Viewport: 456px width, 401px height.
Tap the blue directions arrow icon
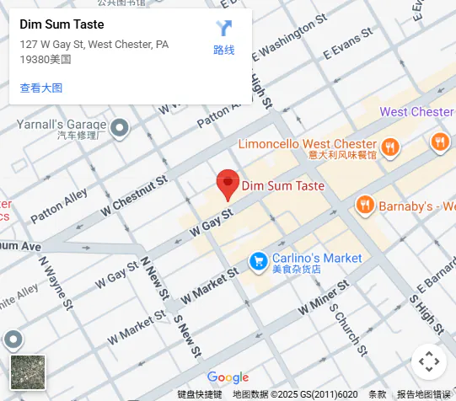pos(223,29)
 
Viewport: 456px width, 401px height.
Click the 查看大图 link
pos(40,88)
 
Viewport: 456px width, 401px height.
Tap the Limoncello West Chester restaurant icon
pos(389,147)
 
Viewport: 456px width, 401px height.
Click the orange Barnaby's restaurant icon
pos(365,205)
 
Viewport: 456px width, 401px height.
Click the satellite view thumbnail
pos(28,372)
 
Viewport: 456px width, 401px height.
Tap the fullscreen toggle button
pos(429,361)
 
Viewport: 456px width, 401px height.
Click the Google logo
pos(228,377)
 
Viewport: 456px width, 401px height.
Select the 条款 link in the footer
pos(377,394)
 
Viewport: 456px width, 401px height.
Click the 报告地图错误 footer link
pos(423,394)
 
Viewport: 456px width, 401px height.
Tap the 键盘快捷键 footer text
pos(199,394)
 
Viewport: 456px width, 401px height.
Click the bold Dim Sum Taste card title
pos(62,24)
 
